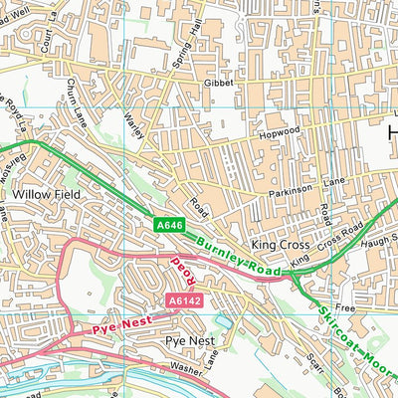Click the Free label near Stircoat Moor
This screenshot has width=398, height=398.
(345, 308)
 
